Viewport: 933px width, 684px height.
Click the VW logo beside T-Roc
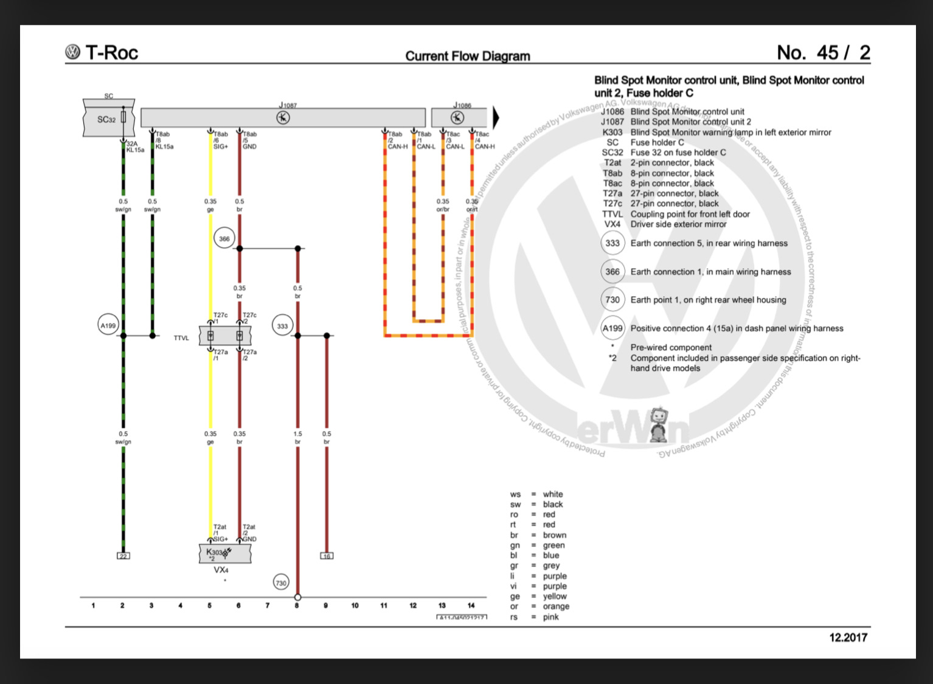click(x=72, y=52)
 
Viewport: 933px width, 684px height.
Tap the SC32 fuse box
click(x=108, y=119)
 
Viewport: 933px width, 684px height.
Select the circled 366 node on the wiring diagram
click(x=224, y=238)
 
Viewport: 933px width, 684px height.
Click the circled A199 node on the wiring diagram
click(x=108, y=325)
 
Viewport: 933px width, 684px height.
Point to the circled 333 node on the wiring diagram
click(x=282, y=326)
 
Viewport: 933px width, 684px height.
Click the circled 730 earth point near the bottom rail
click(x=280, y=582)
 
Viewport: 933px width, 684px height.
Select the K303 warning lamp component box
click(x=224, y=553)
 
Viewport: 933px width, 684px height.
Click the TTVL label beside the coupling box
click(x=181, y=338)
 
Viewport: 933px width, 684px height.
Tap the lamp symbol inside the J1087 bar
click(x=283, y=118)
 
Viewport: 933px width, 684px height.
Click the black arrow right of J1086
click(x=496, y=117)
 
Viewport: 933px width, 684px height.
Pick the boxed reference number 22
click(x=123, y=556)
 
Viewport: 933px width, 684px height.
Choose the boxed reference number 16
click(x=327, y=556)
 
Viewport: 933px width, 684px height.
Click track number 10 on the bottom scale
click(x=355, y=606)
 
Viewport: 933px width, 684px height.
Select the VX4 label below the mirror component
click(x=221, y=570)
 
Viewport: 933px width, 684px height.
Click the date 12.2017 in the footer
click(x=848, y=637)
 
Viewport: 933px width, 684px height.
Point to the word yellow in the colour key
click(x=555, y=596)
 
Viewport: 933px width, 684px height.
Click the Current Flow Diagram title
click(x=467, y=56)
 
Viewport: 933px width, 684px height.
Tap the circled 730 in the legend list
click(x=612, y=300)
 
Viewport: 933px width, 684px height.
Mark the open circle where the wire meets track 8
click(x=297, y=597)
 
